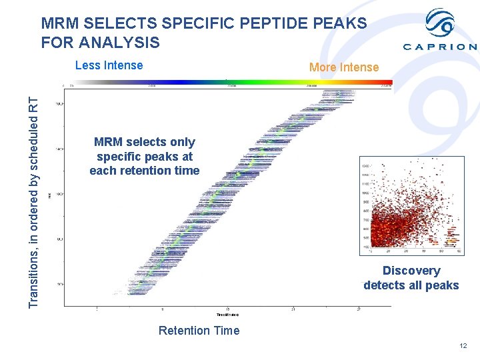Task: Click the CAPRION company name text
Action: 440,47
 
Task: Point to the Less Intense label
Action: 109,65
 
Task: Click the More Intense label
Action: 343,67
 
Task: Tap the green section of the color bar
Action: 233,83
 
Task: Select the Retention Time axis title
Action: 199,331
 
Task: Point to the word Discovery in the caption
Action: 411,271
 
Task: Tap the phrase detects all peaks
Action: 411,285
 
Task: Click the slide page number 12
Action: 463,345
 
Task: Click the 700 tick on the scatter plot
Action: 365,219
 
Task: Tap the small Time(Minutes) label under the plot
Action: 227,314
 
